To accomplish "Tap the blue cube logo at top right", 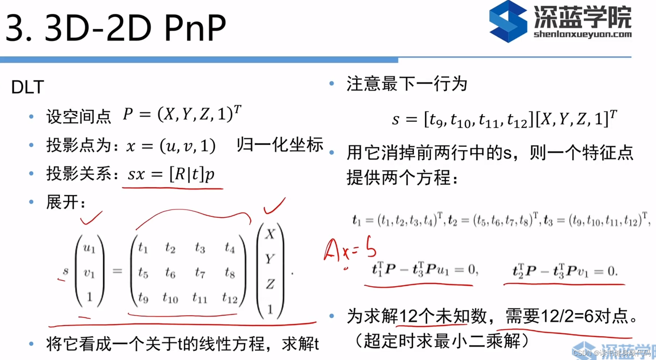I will (x=508, y=21).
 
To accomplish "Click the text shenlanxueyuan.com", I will (x=582, y=34).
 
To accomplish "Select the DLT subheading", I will (x=27, y=87).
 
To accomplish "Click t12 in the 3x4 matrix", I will (x=229, y=298).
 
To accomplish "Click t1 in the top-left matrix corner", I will (x=143, y=248).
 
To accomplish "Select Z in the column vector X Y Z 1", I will (x=270, y=284).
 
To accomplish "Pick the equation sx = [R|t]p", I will (x=171, y=174).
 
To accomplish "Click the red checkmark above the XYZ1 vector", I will (x=274, y=206).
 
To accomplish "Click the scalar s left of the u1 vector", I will (x=65, y=271).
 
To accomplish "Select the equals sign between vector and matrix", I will (x=117, y=271).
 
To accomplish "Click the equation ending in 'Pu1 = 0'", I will (x=424, y=270).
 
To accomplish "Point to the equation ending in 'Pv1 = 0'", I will (x=565, y=271).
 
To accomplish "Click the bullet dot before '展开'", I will (x=31, y=202).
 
